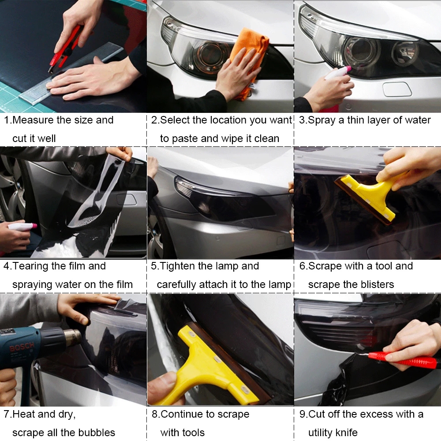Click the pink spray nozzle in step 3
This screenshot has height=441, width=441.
tap(348, 69)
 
